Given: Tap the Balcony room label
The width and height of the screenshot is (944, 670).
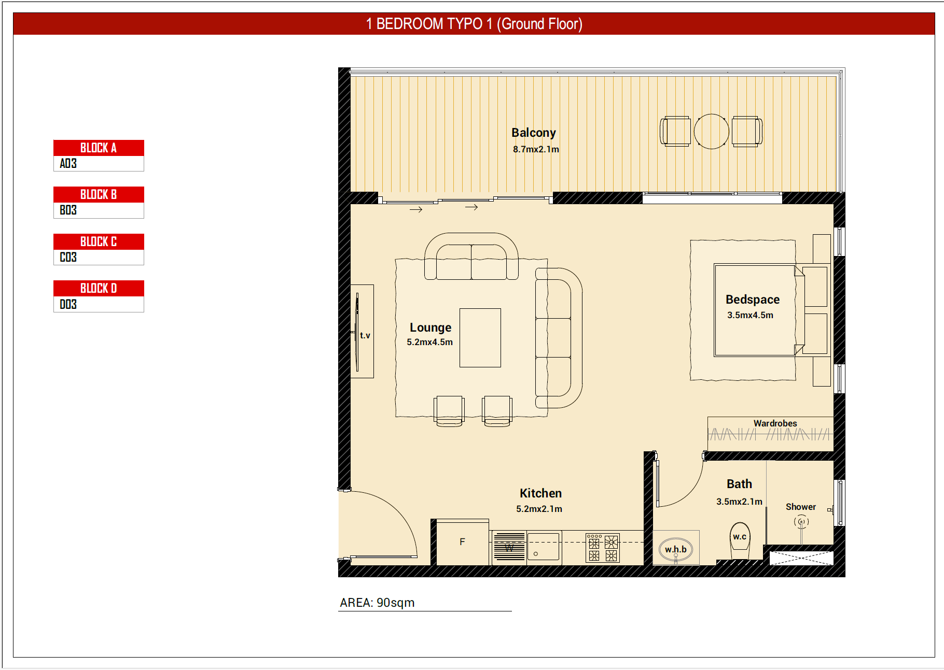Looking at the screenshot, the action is (x=534, y=133).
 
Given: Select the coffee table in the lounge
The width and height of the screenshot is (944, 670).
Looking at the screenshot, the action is (x=480, y=338).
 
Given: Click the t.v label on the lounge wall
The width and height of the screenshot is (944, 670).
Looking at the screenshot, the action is (x=365, y=335).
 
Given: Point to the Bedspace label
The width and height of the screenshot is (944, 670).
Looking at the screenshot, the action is (x=753, y=300).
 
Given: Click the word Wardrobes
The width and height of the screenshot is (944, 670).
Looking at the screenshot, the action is (x=775, y=423).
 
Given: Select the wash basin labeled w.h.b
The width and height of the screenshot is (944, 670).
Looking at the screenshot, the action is (x=676, y=549).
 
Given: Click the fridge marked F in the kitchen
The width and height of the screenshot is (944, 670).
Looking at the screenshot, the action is (x=463, y=542).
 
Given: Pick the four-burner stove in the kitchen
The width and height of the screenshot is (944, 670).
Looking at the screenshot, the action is (x=603, y=548).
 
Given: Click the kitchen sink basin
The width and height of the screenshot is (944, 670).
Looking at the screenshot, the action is (x=544, y=547).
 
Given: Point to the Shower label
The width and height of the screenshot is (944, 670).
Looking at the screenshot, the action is (x=801, y=507).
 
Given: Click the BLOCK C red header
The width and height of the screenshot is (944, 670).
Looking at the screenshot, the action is (x=99, y=241).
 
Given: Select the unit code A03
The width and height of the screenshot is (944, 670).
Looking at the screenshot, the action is (x=68, y=164).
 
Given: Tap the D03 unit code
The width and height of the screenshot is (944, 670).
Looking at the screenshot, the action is (x=68, y=304).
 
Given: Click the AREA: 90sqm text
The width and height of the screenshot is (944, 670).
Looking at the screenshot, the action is (x=377, y=603).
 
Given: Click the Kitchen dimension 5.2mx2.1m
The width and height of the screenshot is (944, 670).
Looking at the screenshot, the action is (x=539, y=509).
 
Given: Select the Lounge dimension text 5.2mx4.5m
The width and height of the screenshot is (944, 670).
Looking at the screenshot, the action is (x=430, y=342).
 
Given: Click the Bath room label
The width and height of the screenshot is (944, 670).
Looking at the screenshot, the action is (x=740, y=484).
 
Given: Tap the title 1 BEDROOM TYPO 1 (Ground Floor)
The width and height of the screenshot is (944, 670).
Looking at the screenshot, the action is (x=474, y=24).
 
